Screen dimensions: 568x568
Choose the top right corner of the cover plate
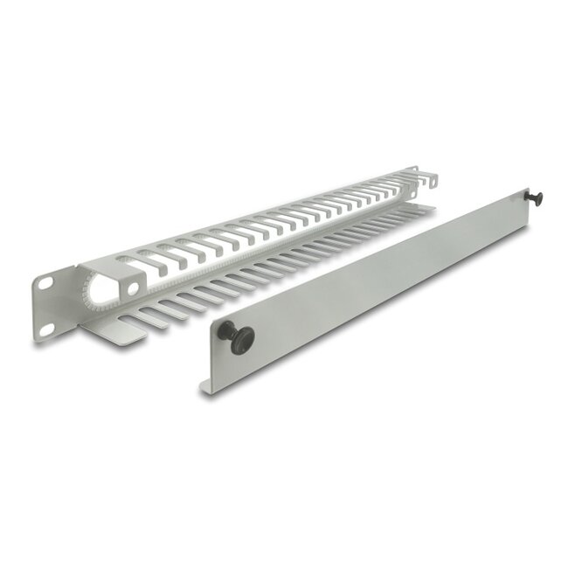pos(523,194)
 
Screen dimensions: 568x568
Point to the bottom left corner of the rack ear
pos(37,342)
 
